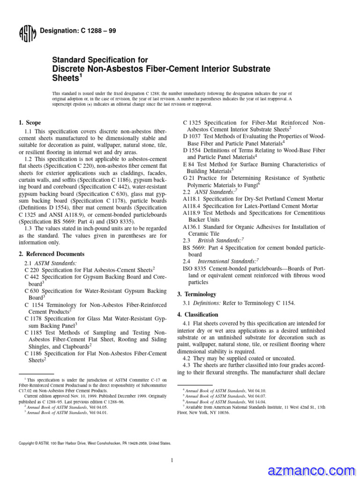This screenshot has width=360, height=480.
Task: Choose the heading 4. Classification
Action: [197, 315]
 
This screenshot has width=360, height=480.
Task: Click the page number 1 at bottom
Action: [172, 460]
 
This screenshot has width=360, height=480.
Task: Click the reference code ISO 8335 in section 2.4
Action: [194, 269]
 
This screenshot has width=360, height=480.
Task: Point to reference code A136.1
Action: [192, 227]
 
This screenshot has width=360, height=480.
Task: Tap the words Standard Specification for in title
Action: [100, 60]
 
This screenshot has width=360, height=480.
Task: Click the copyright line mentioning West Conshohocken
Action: [94, 442]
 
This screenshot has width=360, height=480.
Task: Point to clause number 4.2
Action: [187, 358]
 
